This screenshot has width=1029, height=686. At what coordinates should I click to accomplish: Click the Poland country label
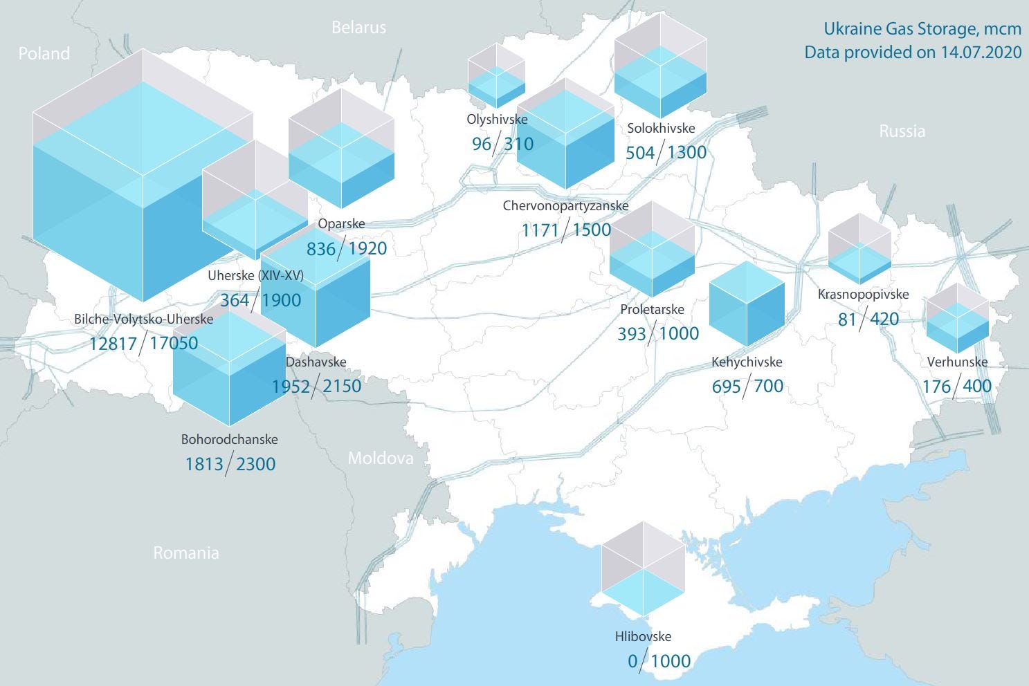44,53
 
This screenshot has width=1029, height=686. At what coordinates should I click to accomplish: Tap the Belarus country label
358,28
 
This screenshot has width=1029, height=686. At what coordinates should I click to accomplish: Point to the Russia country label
902,131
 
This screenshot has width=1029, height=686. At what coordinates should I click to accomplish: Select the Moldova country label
380,458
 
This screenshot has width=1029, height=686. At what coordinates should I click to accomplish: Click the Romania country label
185,553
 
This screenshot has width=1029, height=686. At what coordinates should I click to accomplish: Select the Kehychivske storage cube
747,304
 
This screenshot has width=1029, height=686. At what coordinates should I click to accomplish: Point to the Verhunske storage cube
957,318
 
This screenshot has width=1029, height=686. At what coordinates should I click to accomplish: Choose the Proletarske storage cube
652,250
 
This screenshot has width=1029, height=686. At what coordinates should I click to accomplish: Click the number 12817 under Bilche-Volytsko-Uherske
113,343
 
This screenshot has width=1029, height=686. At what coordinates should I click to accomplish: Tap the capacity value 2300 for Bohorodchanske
255,463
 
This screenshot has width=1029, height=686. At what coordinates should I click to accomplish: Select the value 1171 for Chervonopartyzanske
540,230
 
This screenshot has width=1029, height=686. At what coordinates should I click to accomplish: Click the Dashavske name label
316,362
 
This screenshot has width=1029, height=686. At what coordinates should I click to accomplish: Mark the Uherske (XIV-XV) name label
255,275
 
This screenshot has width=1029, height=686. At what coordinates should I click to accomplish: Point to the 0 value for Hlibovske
632,661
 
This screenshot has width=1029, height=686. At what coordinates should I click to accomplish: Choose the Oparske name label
341,223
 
